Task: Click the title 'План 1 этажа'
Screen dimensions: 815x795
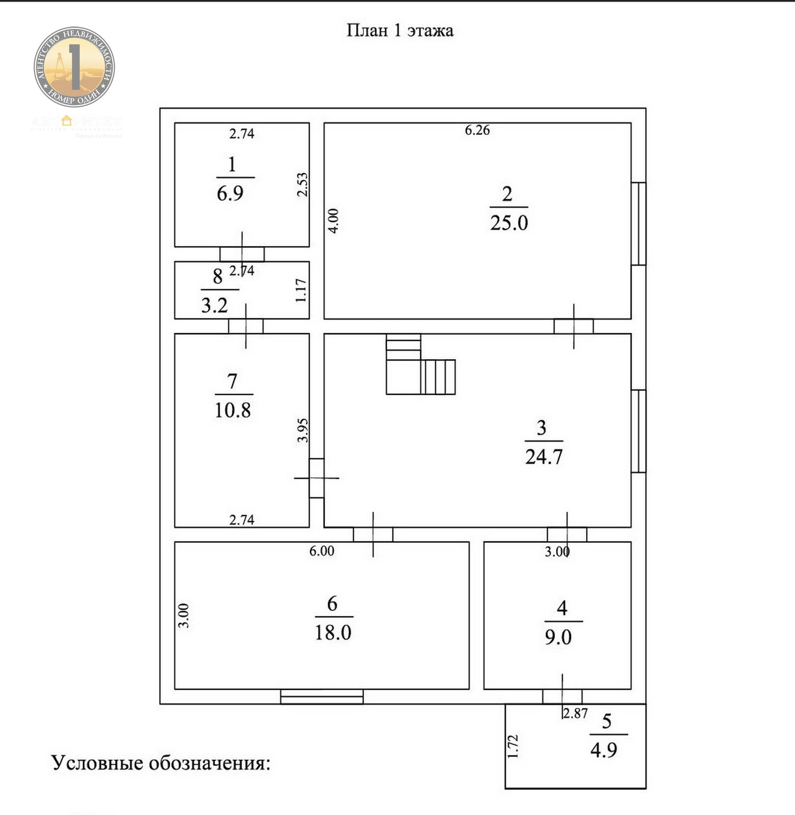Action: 400,31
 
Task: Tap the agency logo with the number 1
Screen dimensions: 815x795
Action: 74,67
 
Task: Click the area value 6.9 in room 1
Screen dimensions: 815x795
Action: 230,194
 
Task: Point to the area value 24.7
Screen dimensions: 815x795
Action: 544,457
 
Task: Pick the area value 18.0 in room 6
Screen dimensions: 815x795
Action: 333,633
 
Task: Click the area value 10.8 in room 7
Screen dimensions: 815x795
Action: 232,410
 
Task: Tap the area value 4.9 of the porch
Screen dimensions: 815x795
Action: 603,750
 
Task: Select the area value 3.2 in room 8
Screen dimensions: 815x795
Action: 214,306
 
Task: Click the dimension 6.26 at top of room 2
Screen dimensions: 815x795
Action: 477,130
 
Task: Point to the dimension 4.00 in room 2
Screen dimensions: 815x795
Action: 333,221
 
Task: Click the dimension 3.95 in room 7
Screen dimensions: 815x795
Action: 303,430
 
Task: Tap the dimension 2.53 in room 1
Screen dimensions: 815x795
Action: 302,184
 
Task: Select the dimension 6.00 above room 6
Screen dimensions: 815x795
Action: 322,551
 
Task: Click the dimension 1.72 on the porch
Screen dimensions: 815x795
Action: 513,746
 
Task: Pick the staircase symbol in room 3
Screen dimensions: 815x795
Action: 420,365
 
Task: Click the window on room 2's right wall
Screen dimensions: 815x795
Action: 639,224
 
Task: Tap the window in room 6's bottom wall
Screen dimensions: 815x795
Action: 322,696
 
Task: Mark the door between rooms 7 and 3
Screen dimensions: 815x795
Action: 316,478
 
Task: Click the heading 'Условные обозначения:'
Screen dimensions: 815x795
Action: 161,763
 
